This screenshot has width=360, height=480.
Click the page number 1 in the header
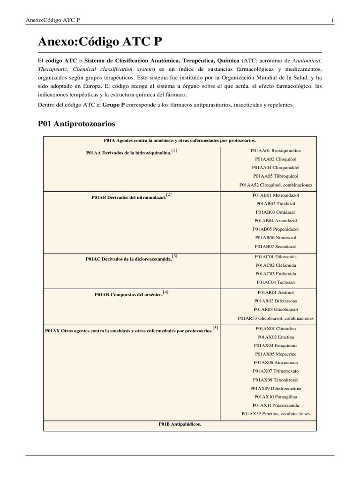click(332, 20)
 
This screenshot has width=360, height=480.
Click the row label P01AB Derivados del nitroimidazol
click(128, 197)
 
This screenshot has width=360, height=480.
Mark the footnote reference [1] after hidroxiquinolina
click(174, 150)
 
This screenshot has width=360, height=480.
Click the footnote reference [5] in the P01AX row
click(215, 328)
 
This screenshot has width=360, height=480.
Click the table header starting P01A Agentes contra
click(180, 140)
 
